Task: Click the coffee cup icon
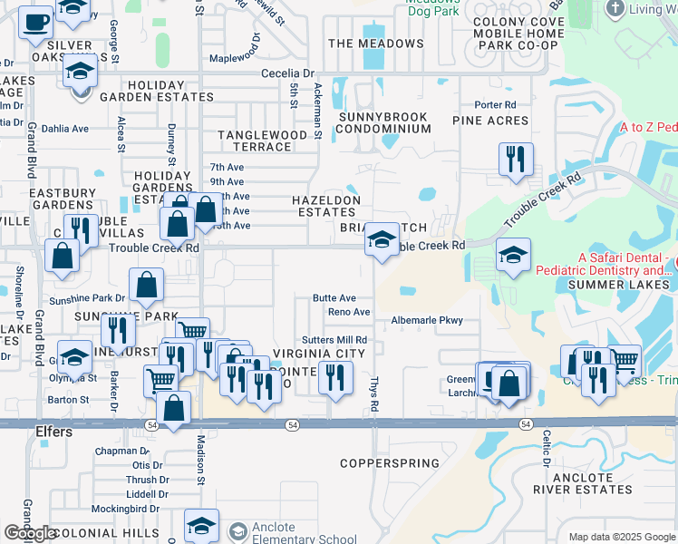point(35,22)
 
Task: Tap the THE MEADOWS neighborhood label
point(376,44)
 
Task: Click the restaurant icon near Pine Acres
point(515,160)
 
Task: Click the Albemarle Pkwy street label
point(427,320)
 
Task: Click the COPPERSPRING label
point(389,463)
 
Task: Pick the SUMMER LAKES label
point(618,285)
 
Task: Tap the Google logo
point(29,534)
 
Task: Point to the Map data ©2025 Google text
point(621,537)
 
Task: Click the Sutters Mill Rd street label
point(334,339)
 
